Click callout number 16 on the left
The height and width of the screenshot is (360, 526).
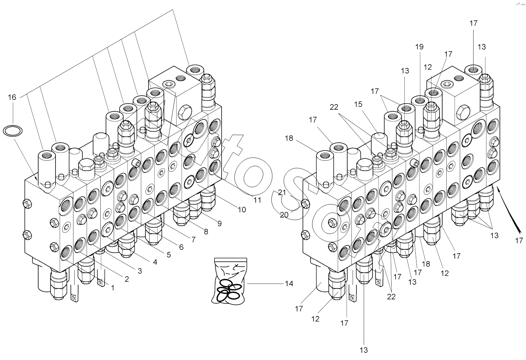12,97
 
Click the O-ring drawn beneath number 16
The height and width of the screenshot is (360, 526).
12,131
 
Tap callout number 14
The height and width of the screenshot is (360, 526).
289,283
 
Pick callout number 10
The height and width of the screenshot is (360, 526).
242,210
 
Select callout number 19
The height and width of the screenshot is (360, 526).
419,47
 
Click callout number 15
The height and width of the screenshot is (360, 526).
358,104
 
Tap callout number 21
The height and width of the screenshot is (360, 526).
282,192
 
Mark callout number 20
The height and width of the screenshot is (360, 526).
284,215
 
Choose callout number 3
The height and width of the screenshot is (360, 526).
140,271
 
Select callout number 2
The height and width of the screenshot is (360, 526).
126,279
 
